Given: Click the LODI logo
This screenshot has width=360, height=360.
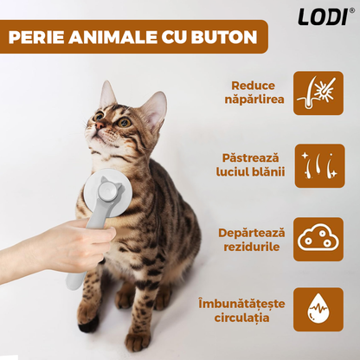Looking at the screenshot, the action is [323, 16].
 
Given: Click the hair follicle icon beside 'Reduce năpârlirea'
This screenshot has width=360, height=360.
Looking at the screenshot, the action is [318, 93].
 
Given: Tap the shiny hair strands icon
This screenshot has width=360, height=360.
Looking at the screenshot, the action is [319, 166].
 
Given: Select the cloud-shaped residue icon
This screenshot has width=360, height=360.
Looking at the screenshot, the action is [318, 239].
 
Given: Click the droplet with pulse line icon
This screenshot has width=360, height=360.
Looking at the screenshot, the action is [318, 309].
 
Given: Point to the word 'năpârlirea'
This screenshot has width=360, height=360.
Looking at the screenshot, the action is [254, 100].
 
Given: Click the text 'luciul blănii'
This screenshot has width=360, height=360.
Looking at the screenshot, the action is [250, 172].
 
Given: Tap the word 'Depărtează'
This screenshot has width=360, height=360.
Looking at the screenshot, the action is [251, 233].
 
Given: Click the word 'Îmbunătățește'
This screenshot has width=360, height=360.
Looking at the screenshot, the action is [241, 304].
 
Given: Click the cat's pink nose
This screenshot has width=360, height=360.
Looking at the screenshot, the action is [100, 125].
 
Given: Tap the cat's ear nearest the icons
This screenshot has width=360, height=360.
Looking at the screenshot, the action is [155, 108].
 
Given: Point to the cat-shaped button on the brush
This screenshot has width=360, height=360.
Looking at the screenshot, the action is [110, 190].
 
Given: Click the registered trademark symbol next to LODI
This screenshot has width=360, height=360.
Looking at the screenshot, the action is [351, 10].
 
